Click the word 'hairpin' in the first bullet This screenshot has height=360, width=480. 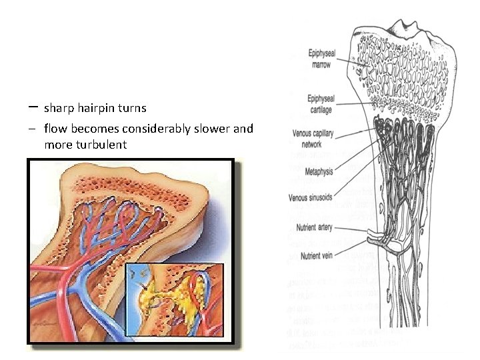pos(99,107)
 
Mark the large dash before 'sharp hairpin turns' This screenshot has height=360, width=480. pos(33,107)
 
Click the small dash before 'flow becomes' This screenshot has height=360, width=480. pos(33,128)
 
